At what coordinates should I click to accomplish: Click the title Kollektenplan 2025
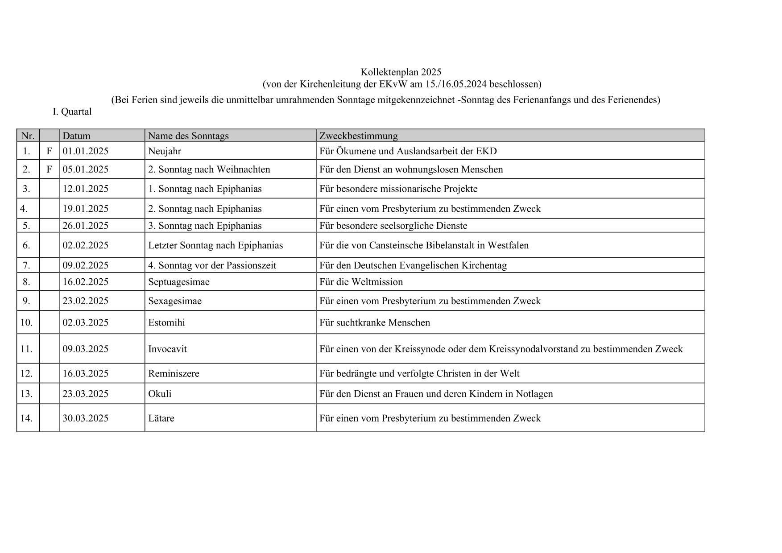click(401, 72)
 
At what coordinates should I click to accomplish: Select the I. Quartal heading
click(72, 112)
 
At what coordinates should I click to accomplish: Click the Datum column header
click(76, 136)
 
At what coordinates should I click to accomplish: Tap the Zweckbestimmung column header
click(358, 136)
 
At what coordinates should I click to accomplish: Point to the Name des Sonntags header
click(188, 136)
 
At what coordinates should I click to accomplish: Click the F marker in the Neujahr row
click(49, 151)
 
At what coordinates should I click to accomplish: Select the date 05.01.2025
click(85, 169)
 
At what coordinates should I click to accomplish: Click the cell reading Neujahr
click(165, 151)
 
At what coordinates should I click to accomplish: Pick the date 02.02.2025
click(85, 245)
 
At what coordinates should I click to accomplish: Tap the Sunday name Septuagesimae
click(178, 282)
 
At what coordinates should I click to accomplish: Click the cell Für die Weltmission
click(361, 282)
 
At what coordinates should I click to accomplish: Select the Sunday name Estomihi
click(166, 322)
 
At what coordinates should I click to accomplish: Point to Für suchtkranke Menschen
click(375, 322)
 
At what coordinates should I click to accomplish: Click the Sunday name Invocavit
click(167, 349)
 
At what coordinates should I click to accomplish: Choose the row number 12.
click(27, 374)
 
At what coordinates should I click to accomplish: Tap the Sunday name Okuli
click(160, 394)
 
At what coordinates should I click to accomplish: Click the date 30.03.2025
click(85, 418)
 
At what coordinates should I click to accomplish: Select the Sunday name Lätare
click(161, 418)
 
